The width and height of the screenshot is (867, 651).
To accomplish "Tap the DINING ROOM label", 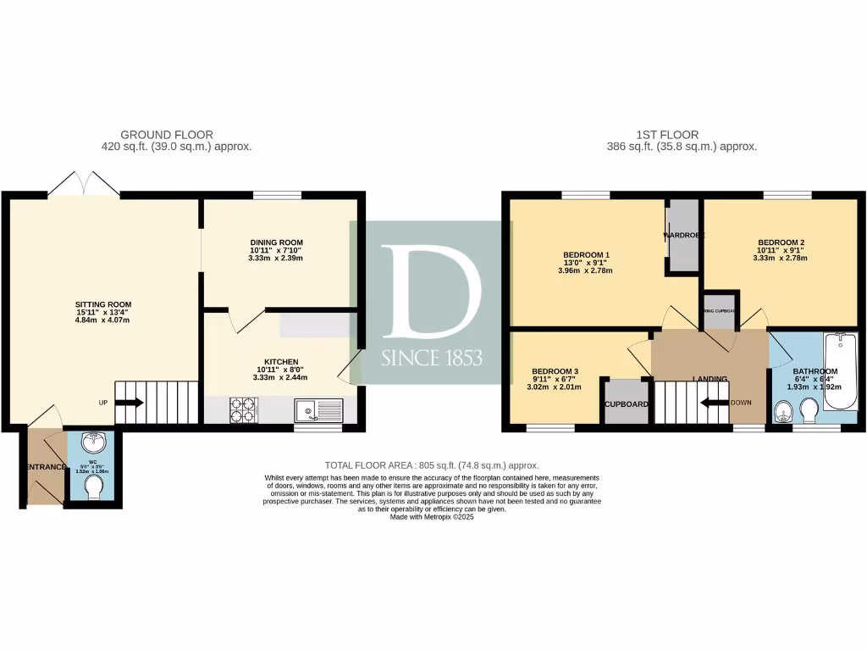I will click(276, 242).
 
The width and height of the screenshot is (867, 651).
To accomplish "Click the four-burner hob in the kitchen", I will click(243, 411).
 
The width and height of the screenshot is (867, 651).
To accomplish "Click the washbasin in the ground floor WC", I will click(93, 442).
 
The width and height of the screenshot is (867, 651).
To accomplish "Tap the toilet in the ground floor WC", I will click(94, 487).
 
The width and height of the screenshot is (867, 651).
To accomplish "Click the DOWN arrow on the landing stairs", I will click(715, 403).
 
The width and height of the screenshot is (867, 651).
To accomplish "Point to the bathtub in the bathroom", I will click(842, 378).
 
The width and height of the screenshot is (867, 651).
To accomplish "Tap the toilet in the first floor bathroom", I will click(809, 412).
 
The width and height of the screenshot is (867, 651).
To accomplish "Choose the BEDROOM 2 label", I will click(781, 242).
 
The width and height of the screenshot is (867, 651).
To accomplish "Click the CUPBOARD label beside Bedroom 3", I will click(626, 404).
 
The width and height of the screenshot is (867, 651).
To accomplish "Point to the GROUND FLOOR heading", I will click(167, 135).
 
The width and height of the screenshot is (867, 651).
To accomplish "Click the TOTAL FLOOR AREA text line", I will click(432, 465).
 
